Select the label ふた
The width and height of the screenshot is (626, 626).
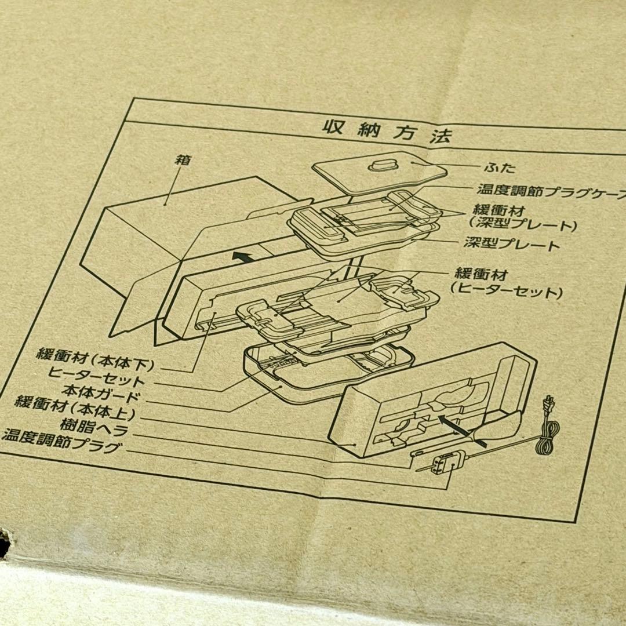pos(499,168)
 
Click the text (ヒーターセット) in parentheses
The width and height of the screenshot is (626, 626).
pos(507,293)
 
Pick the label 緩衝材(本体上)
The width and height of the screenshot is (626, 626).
pos(75,414)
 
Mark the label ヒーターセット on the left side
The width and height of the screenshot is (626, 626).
pos(97,382)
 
